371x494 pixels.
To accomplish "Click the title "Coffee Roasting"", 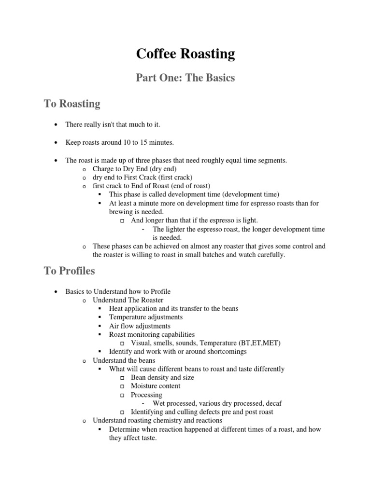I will (x=185, y=54).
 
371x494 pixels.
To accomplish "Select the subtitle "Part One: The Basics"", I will (x=185, y=78).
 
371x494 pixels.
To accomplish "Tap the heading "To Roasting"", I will (x=72, y=103).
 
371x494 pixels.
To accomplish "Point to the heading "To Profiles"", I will (x=70, y=271).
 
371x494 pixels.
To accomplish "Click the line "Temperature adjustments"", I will (x=146, y=317).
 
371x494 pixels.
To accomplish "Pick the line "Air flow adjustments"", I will (x=140, y=326).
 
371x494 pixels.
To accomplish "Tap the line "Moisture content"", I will (x=156, y=386).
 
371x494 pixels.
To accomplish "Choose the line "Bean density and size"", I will (x=162, y=377).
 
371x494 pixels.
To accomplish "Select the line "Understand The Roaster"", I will (x=128, y=300).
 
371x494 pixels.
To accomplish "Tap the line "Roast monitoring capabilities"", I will (x=152, y=334).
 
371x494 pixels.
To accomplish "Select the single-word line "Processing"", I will (x=146, y=395).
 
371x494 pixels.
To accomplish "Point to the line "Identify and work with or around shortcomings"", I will (x=178, y=352).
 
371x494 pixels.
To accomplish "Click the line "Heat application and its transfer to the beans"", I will (x=173, y=308).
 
